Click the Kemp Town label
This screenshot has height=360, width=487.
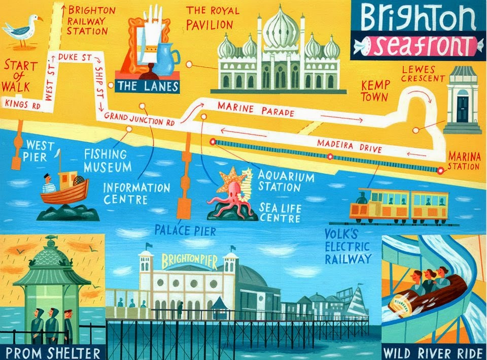click(374, 89)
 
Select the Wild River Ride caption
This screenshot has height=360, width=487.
click(432, 352)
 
